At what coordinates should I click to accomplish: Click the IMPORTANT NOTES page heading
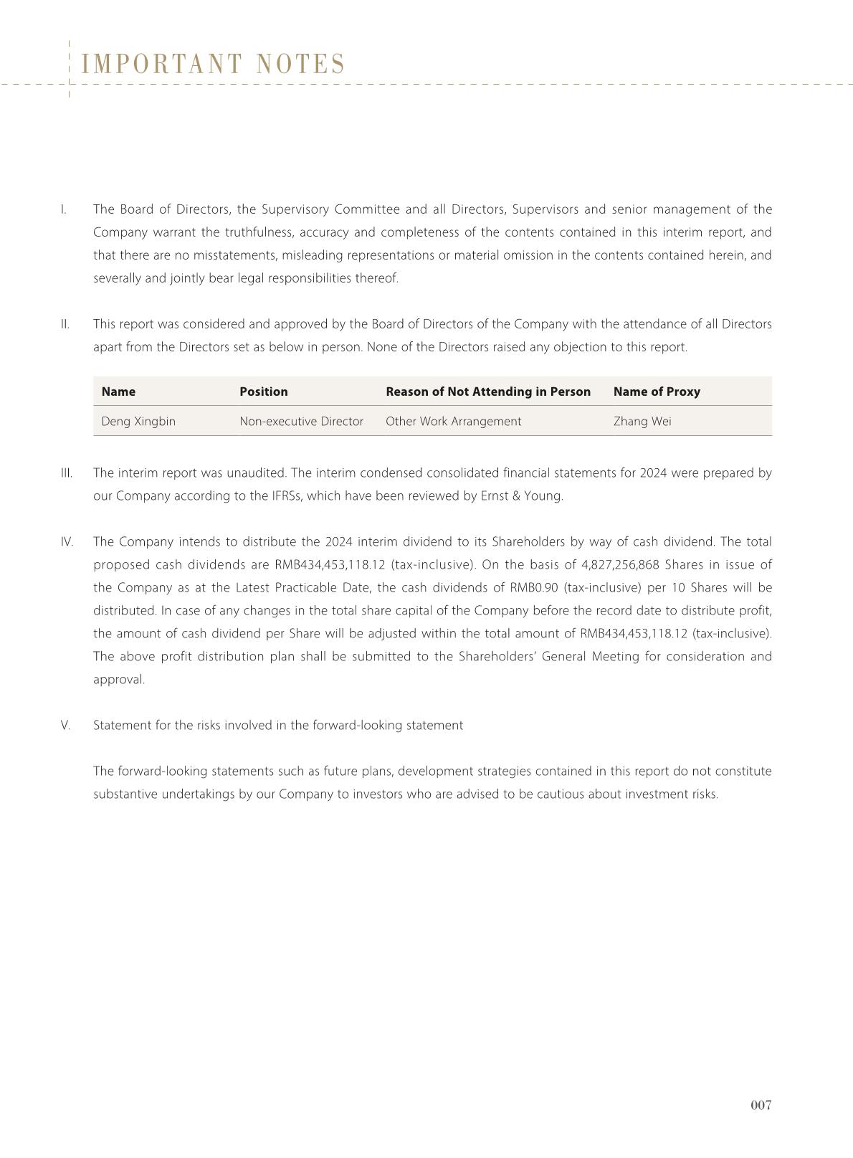click(214, 65)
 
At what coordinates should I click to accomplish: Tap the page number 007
click(761, 1105)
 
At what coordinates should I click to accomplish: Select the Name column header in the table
click(118, 391)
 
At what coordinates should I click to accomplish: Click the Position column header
click(263, 391)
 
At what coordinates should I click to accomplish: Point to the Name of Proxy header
click(657, 391)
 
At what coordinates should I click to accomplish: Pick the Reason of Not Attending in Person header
click(488, 391)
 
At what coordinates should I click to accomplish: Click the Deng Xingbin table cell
click(138, 422)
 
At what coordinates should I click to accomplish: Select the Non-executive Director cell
click(301, 422)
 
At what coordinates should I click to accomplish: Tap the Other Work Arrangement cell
click(453, 422)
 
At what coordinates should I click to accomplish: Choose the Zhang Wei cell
click(642, 422)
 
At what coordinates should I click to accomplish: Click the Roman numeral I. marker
click(64, 209)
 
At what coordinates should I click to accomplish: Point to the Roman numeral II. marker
click(65, 324)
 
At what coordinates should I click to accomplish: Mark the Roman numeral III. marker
click(67, 473)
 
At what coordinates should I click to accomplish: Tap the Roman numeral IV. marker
click(67, 542)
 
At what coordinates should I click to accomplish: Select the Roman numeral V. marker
click(66, 726)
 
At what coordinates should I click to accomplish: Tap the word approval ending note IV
click(118, 680)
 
